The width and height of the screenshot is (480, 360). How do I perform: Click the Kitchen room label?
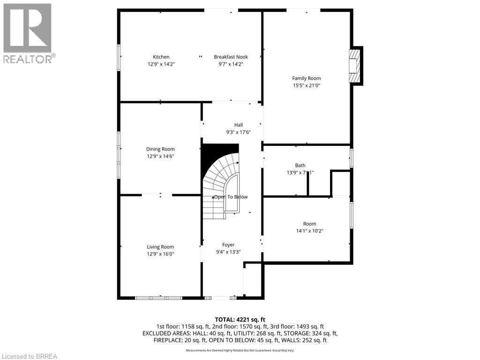click(161, 57)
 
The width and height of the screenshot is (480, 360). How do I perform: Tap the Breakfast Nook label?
click(231, 57)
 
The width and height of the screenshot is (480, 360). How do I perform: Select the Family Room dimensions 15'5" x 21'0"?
click(307, 86)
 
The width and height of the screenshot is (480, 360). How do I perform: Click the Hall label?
click(239, 125)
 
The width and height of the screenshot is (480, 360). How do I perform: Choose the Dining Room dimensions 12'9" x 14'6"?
click(160, 157)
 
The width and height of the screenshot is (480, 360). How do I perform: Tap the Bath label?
click(300, 165)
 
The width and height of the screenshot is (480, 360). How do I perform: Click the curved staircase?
click(220, 180)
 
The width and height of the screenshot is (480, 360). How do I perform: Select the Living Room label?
click(160, 247)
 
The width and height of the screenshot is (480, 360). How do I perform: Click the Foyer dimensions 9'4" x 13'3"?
click(228, 252)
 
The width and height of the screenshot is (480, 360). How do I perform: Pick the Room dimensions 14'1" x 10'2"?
click(309, 231)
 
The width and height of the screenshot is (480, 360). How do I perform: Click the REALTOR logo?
click(28, 33)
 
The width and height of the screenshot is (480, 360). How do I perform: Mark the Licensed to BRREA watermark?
click(29, 356)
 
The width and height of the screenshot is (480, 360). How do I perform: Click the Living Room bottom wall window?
click(158, 298)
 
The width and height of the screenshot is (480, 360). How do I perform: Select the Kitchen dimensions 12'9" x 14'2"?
click(161, 65)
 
